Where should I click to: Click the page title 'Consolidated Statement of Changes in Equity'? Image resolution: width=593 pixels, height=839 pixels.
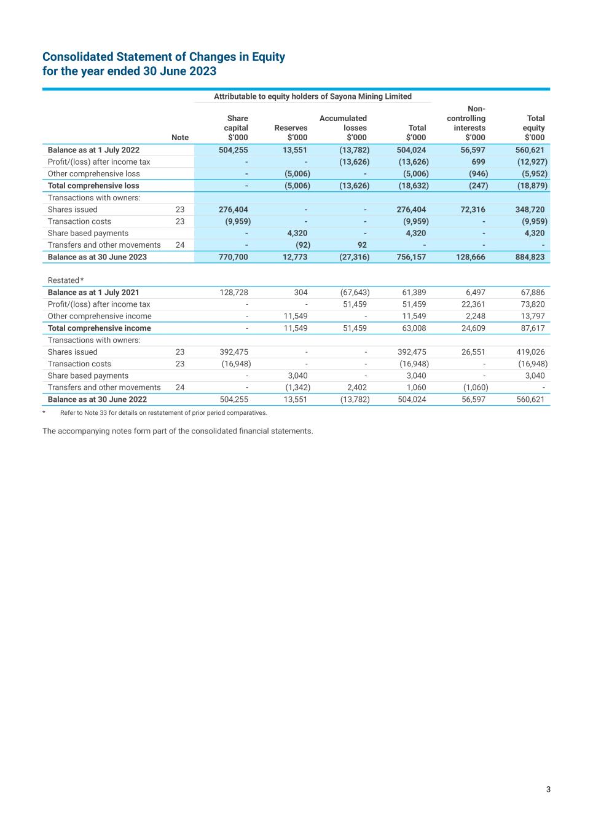pos(163,57)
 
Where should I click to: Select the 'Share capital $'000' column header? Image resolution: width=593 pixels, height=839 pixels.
pos(236,128)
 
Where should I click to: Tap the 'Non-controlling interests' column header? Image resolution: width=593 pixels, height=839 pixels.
pos(466,123)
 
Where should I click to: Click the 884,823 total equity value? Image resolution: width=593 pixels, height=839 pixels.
pos(530,257)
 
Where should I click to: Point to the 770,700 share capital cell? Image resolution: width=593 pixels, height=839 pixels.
pos(234,257)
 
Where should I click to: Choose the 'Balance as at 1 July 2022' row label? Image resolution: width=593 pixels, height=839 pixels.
pos(93,150)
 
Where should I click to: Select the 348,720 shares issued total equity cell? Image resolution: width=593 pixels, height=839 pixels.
pos(530,210)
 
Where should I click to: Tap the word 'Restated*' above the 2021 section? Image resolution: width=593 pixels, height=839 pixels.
pos(66,280)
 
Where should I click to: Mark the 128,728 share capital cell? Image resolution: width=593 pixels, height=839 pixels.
pos(234,293)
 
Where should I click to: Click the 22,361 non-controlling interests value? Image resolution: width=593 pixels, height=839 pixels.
pos(473,304)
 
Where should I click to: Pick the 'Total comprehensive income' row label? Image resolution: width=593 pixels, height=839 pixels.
pos(99,328)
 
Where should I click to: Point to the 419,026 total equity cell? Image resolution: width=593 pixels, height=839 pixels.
pos(530,352)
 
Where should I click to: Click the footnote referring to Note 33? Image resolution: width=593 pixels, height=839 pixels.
pos(163,412)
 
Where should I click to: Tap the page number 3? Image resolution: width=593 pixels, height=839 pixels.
pos(548,790)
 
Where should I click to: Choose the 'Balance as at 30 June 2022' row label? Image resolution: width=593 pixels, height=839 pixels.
pos(97,400)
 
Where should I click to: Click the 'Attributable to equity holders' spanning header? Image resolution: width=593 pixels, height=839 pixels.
pos(312,97)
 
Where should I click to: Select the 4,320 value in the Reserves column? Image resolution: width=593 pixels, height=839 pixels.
pos(297,233)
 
